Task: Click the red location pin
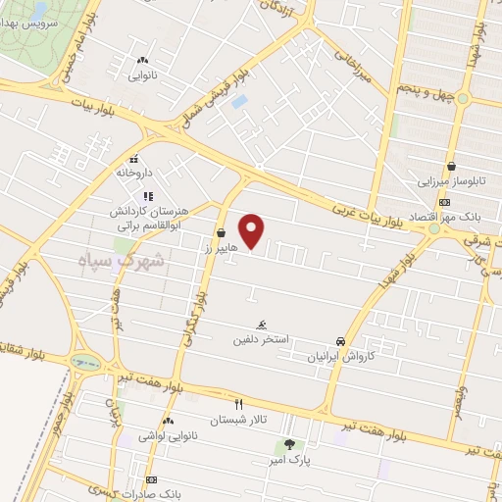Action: point(253,231)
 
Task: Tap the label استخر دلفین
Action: point(260,340)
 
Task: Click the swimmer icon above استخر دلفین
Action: point(261,325)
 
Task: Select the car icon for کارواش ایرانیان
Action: point(339,340)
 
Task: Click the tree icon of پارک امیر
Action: point(288,446)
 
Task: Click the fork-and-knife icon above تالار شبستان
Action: point(238,404)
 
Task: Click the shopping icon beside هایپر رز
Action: point(221,233)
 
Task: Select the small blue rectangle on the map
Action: point(240,101)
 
